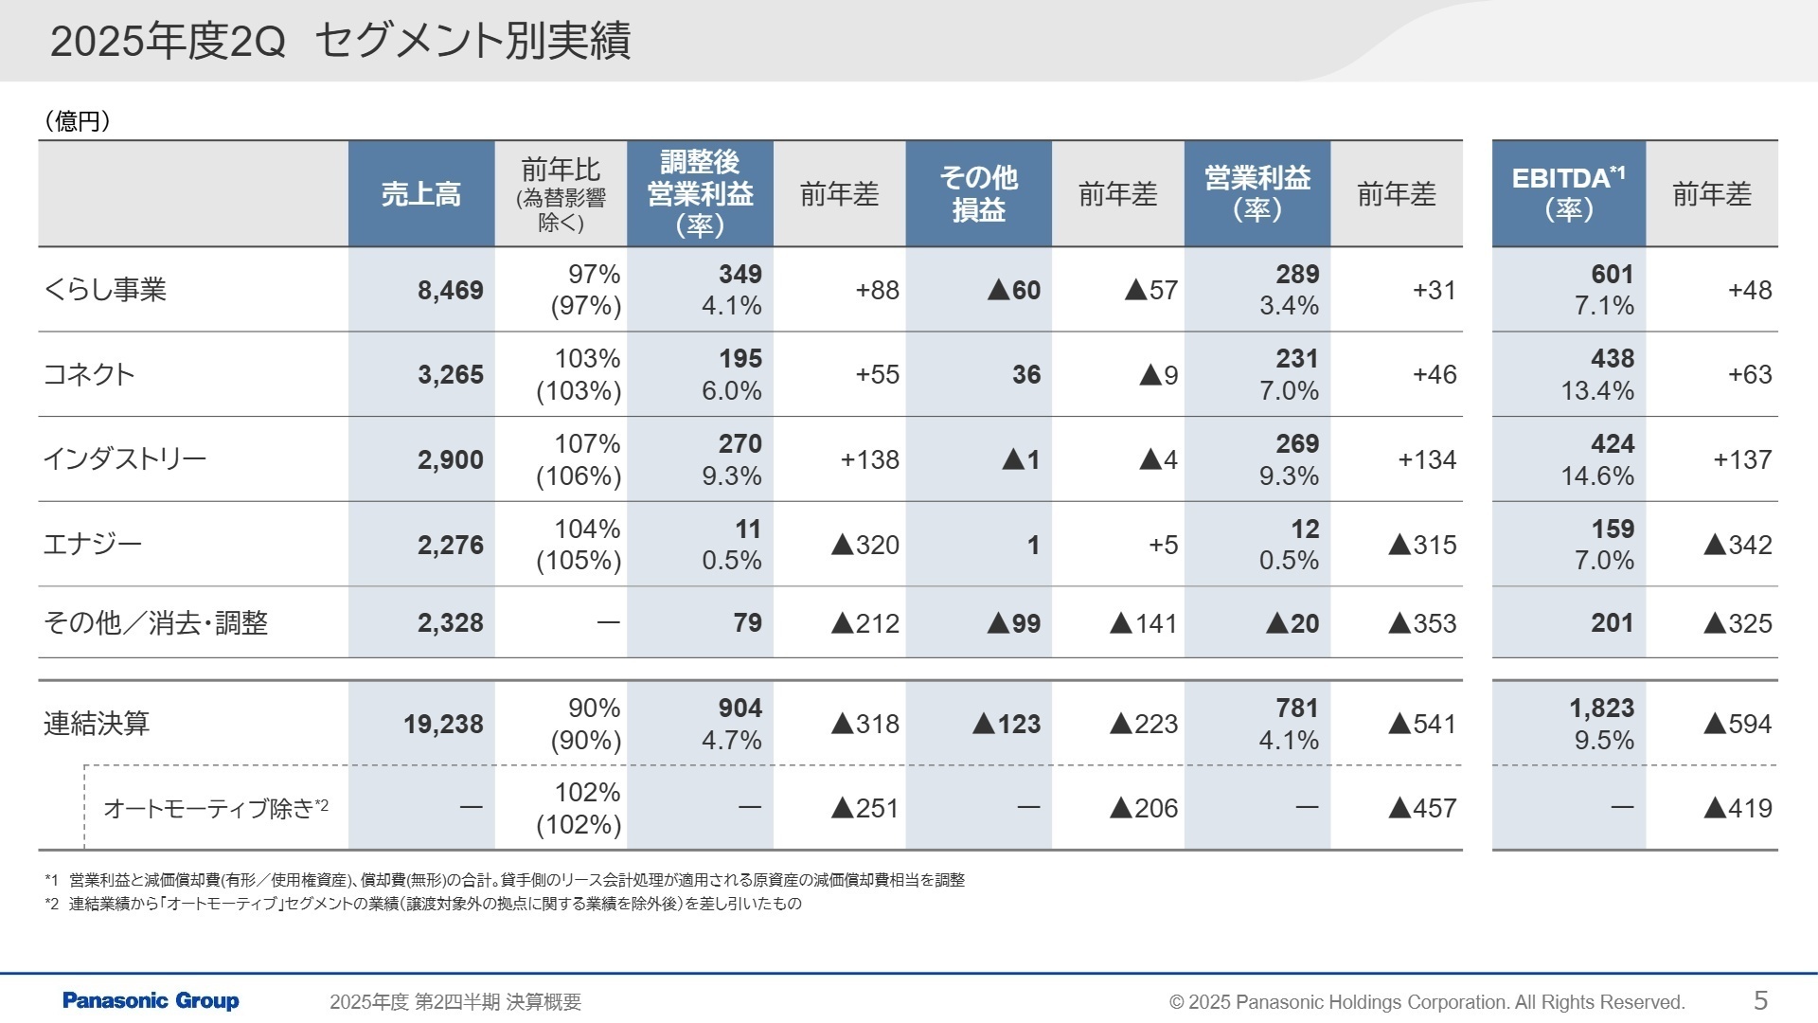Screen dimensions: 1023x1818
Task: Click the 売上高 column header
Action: click(421, 194)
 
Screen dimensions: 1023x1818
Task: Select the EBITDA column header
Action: click(1568, 193)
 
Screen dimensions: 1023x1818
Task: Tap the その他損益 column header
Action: click(978, 193)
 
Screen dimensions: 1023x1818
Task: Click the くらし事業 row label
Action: click(105, 290)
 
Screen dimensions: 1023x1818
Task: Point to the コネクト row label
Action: click(90, 374)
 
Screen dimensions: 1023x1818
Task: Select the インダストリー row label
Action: click(125, 459)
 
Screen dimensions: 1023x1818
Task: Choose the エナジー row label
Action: click(93, 545)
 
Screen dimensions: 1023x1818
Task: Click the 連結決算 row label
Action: click(97, 724)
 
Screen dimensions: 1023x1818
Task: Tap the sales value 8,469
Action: click(450, 290)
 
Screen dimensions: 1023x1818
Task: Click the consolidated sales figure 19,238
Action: click(443, 725)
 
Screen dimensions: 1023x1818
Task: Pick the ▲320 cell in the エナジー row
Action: click(864, 545)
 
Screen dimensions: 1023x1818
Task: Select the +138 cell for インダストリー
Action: click(869, 459)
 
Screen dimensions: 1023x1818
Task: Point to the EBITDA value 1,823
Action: click(1601, 709)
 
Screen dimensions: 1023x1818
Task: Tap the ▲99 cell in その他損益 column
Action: click(1013, 623)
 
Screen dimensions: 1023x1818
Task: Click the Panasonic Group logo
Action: click(151, 1001)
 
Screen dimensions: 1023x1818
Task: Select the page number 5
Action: click(1760, 1000)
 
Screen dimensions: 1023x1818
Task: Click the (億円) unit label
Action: click(78, 121)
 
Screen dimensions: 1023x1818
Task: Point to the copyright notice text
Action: click(1427, 1002)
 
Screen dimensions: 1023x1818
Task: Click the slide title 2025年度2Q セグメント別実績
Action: click(340, 42)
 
